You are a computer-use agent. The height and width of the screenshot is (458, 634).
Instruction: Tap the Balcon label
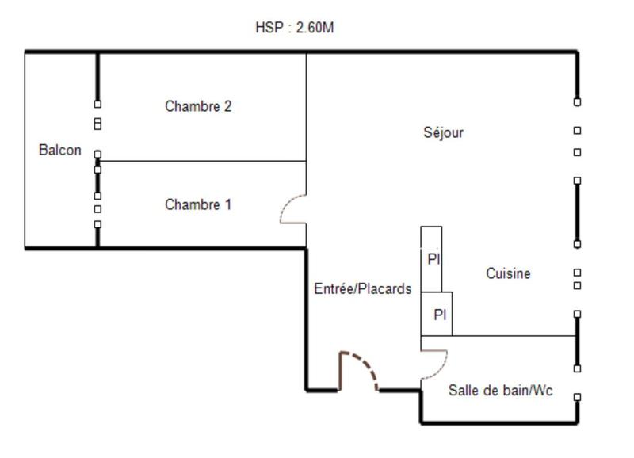(60, 150)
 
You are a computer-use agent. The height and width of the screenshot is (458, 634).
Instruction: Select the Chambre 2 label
(198, 105)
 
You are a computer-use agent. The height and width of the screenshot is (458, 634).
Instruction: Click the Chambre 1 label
(198, 204)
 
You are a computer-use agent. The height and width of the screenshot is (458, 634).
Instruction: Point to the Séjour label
(444, 132)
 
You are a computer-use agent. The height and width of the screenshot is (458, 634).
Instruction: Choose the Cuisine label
(508, 273)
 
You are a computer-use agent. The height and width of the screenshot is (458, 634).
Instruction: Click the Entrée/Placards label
(363, 289)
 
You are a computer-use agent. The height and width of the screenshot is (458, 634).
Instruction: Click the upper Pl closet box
(431, 259)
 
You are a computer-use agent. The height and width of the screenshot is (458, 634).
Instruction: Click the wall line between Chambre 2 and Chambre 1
(202, 161)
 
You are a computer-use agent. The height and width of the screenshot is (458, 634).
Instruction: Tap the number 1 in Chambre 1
(228, 204)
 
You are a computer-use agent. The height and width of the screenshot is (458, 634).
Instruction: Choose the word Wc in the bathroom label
(543, 391)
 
